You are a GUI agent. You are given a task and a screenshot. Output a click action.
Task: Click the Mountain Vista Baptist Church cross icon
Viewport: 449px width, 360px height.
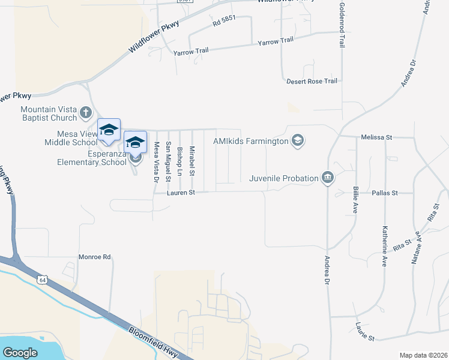click(86, 112)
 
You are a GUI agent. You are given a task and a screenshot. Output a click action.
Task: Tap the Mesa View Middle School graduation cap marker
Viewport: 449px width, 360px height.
click(109, 130)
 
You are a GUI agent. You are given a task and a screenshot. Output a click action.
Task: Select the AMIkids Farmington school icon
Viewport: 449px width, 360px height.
click(297, 141)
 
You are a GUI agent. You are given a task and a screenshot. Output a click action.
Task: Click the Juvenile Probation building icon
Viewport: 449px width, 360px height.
click(327, 178)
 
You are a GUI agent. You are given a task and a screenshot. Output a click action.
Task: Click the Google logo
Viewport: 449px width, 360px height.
click(20, 353)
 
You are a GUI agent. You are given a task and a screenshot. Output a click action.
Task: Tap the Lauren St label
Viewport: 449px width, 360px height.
click(183, 193)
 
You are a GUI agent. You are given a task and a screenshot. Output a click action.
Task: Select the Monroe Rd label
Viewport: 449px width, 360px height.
click(95, 257)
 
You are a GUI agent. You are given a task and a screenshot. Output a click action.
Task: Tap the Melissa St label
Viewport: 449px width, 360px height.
click(376, 137)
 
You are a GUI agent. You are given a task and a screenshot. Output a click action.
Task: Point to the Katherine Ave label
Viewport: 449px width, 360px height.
click(384, 246)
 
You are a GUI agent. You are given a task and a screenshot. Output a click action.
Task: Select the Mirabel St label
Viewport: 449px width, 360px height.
click(192, 160)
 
